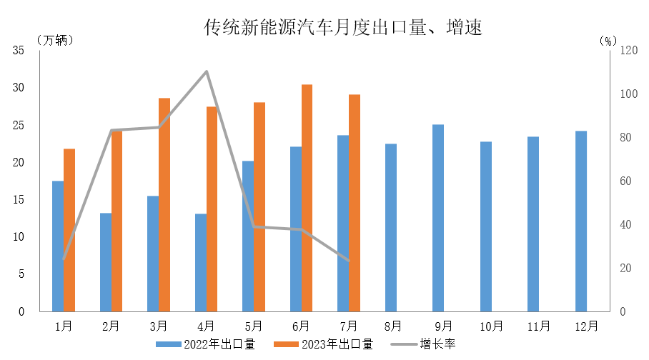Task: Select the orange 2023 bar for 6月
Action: pyautogui.click(x=307, y=198)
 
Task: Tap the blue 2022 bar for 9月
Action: pyautogui.click(x=438, y=218)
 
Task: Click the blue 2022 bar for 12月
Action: pyautogui.click(x=581, y=221)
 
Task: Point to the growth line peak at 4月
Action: pyautogui.click(x=207, y=71)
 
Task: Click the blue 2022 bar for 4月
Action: pyautogui.click(x=200, y=262)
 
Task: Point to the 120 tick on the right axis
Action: pyautogui.click(x=628, y=51)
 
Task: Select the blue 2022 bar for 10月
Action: pyautogui.click(x=486, y=226)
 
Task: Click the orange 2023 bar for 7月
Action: pyautogui.click(x=355, y=203)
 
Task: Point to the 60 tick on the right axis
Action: pyautogui.click(x=625, y=181)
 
